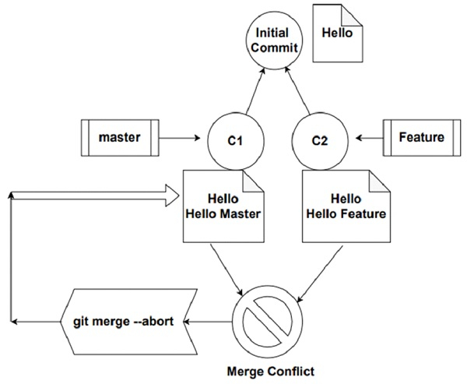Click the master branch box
(119, 139)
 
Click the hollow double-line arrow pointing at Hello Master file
(93, 194)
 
